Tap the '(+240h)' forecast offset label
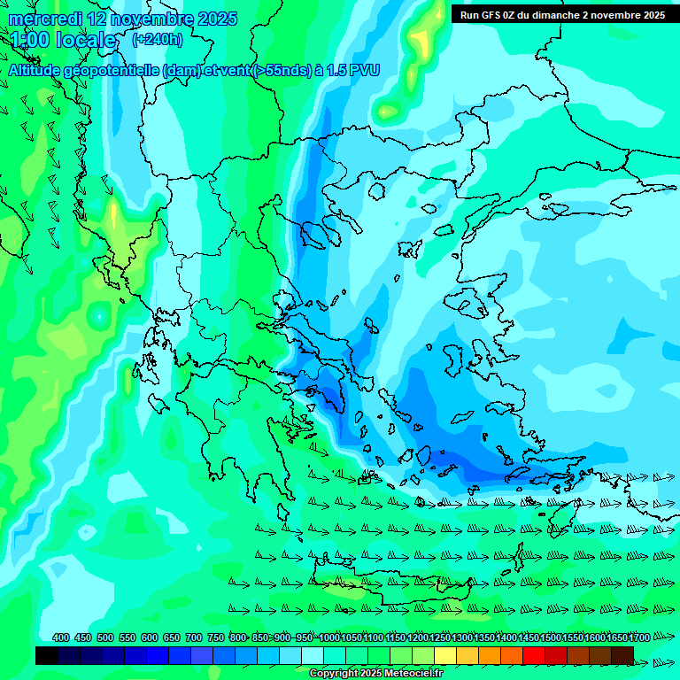point(158,39)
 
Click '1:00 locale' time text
point(64,40)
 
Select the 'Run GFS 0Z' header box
point(562,15)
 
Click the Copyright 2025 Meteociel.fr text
point(375,673)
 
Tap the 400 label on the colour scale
point(61,637)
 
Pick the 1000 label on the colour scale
point(329,637)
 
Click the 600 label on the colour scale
point(150,637)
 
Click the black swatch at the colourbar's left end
point(47,655)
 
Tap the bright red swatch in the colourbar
point(534,655)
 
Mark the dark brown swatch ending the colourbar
point(622,655)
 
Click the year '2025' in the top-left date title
point(217,19)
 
